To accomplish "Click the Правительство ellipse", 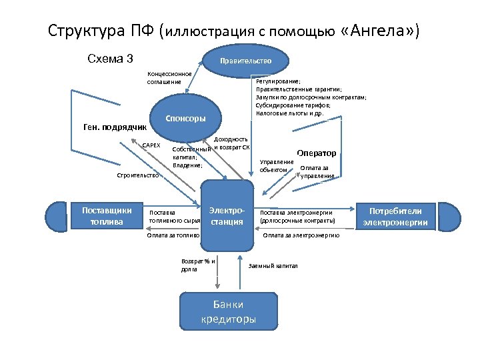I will [x=246, y=61].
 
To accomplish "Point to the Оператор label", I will [x=316, y=153].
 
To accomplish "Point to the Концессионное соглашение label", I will [x=169, y=77].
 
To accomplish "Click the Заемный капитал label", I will [x=273, y=265].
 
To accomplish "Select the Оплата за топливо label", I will [x=173, y=235].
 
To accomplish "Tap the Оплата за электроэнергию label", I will [x=301, y=235].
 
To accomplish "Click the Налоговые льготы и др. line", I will [x=289, y=113].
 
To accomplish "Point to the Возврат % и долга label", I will [x=198, y=265].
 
